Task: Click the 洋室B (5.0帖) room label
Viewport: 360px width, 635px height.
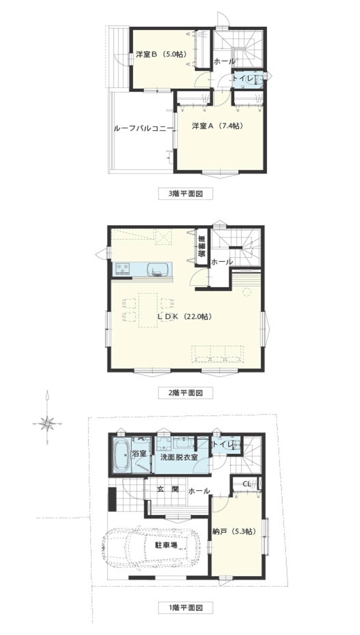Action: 161,54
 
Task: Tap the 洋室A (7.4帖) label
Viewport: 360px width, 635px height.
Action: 218,126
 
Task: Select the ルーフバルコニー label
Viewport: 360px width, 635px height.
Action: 143,129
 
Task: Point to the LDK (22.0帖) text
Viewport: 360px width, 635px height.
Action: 184,316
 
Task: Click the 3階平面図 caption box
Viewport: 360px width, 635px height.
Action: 185,193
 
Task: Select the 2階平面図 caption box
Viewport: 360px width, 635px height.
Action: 185,393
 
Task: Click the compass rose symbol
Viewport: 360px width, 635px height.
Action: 48,423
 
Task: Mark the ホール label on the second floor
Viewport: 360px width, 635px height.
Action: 222,262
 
